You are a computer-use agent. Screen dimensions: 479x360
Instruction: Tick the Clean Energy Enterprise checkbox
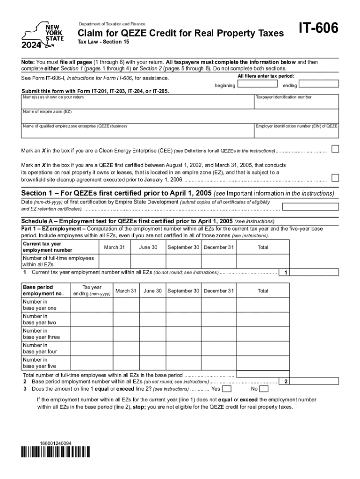point(335,149)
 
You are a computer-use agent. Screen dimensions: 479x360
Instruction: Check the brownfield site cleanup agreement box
point(335,178)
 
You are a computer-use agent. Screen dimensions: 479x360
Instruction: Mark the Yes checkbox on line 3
point(226,389)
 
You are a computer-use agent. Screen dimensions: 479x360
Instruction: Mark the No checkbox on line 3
point(264,389)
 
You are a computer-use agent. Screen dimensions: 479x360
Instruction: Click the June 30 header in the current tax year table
point(148,247)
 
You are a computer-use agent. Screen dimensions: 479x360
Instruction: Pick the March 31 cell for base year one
point(126,305)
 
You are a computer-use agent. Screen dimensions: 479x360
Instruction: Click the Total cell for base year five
point(262,363)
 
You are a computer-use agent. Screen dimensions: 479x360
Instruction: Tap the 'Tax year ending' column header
point(92,290)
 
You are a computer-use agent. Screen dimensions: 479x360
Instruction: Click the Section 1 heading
point(117,193)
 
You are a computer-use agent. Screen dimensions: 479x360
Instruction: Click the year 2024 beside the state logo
point(31,45)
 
